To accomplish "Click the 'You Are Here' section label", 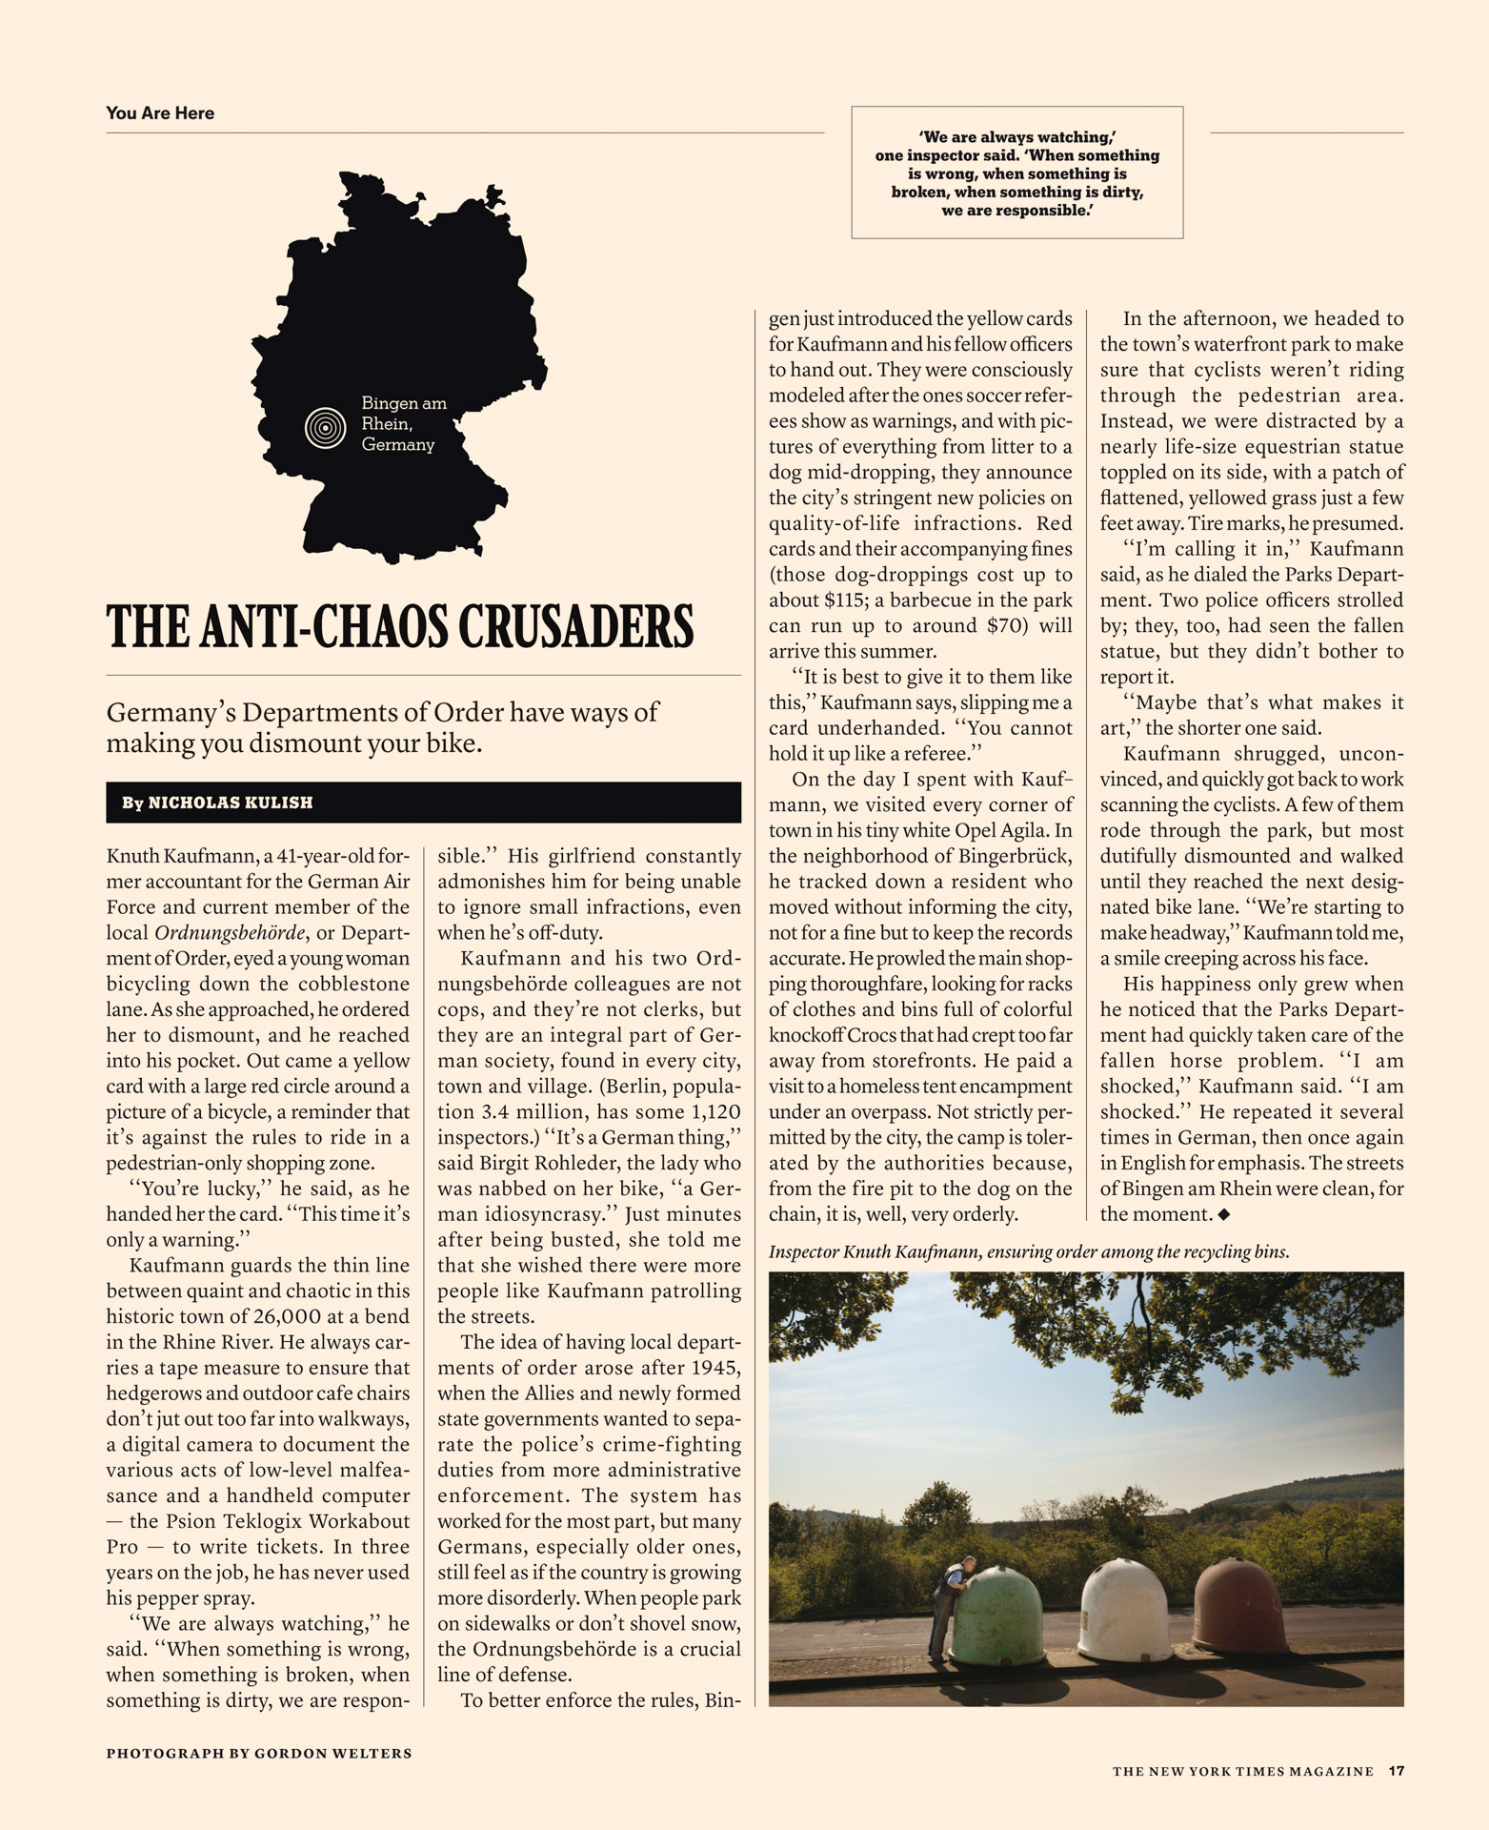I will tap(160, 113).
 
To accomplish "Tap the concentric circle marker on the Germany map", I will tap(325, 428).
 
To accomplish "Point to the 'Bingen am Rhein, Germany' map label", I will tap(403, 424).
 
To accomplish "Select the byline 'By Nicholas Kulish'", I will tap(217, 803).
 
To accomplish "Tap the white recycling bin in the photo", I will tap(1125, 1608).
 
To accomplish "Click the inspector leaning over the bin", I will tap(948, 1608).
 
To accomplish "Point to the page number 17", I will tap(1396, 1771).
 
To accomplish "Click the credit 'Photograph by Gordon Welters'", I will tap(259, 1753).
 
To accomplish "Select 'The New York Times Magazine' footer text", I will tap(1242, 1772).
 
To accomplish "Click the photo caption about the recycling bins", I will tap(1028, 1251).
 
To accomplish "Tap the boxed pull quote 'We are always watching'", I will tap(1016, 173).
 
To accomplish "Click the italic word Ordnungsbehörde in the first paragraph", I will tap(231, 933).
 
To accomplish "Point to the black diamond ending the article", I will tap(1224, 1214).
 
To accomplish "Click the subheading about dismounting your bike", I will tap(382, 727).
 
